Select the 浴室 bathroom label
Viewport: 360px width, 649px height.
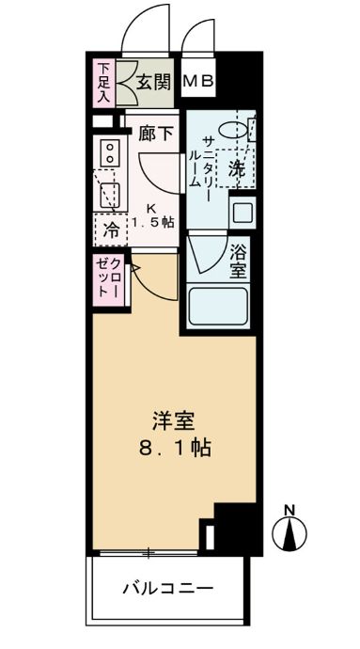pos(238,261)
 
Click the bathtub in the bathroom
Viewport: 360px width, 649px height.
pos(217,306)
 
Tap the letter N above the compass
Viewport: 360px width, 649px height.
pos(290,511)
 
